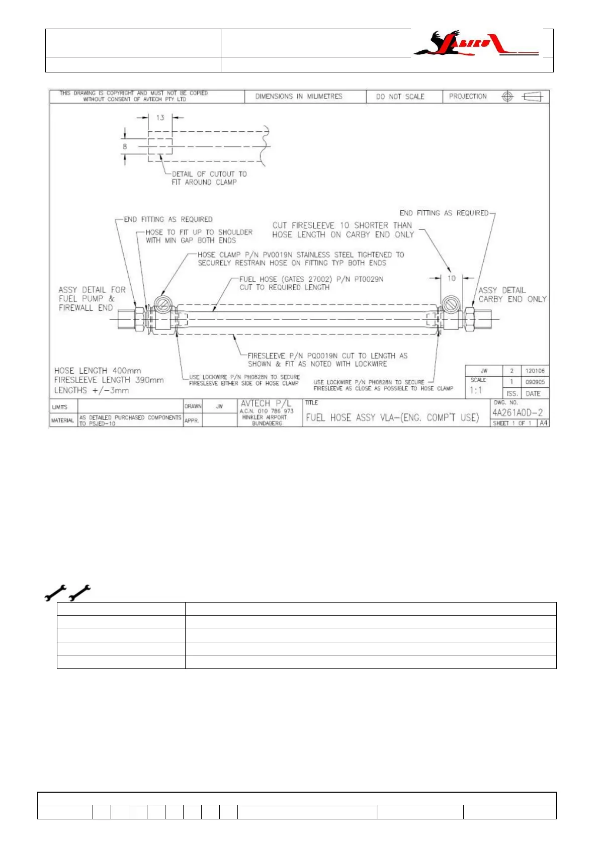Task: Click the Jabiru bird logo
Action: coord(475,44)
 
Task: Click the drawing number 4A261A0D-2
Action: coord(517,412)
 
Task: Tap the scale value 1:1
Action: coord(476,390)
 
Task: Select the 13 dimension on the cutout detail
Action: coord(160,118)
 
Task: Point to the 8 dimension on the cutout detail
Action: coord(125,147)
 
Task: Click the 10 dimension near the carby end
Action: coord(451,278)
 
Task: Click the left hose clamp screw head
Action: coord(162,304)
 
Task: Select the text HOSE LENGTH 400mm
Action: coord(98,371)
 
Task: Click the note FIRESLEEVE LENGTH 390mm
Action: coord(109,380)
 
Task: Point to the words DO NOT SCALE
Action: coord(400,97)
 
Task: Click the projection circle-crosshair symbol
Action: coord(507,97)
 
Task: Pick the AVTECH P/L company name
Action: coord(266,403)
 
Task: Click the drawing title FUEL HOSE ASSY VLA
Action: coord(392,417)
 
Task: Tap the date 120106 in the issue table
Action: coord(535,371)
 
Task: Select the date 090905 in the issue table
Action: coord(535,382)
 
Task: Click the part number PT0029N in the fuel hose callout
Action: coord(369,279)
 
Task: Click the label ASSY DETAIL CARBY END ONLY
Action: coord(512,295)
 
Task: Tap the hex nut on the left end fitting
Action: coord(139,319)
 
